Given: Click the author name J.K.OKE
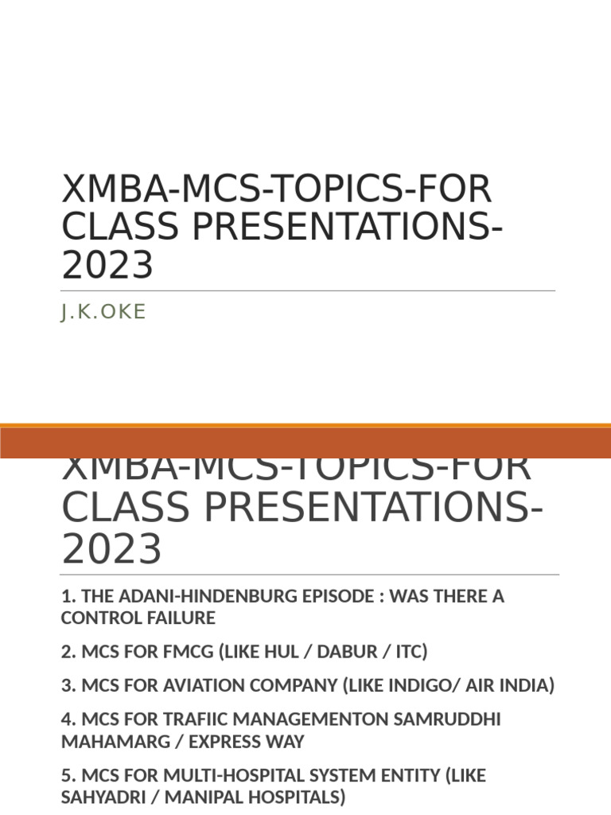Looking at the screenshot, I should [x=103, y=312].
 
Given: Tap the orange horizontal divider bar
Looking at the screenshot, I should [x=305, y=441].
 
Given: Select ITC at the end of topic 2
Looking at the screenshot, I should [x=408, y=652].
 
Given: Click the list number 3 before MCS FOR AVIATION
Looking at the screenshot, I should [x=66, y=685].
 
